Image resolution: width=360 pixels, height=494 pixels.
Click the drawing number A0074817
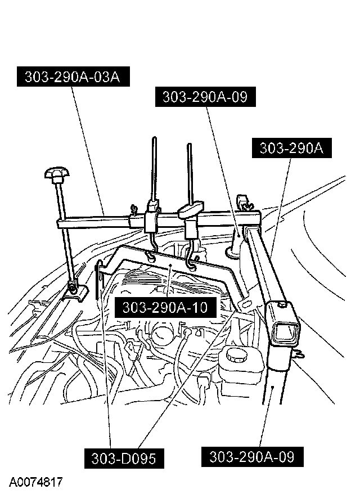pyautogui.click(x=35, y=482)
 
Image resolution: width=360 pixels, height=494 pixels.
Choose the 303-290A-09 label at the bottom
pyautogui.click(x=251, y=455)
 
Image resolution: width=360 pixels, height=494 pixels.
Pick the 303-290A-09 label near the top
pyautogui.click(x=205, y=97)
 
